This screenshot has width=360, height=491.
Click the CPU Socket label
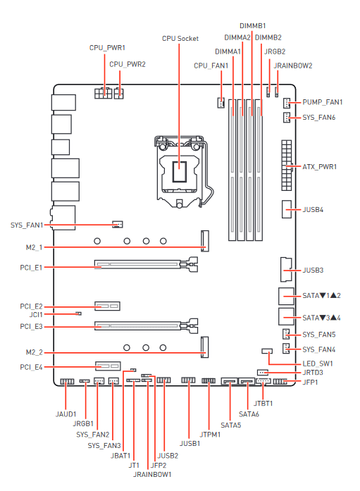[180, 39]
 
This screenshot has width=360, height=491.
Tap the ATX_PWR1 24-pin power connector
[287, 166]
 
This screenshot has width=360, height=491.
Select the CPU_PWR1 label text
[107, 48]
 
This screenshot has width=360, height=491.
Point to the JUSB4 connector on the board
[287, 209]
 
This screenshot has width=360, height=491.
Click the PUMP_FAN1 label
[323, 102]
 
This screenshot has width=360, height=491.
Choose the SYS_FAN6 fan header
[287, 118]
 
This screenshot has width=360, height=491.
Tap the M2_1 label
[34, 247]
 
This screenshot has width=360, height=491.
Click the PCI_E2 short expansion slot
[107, 306]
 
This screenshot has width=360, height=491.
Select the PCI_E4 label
[31, 367]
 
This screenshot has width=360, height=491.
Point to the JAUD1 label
[66, 414]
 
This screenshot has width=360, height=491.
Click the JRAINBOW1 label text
[152, 474]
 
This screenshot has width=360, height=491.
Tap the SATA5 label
[230, 425]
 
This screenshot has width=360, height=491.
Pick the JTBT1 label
[263, 404]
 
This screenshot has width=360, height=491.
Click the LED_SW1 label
[318, 363]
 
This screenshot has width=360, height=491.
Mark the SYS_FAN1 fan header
[118, 224]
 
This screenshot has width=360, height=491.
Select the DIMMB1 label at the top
[253, 25]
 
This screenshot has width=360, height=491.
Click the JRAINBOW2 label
[293, 66]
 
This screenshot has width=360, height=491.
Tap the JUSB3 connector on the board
[286, 269]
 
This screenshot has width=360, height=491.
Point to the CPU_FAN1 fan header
[221, 103]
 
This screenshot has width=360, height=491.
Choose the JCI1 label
[36, 314]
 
